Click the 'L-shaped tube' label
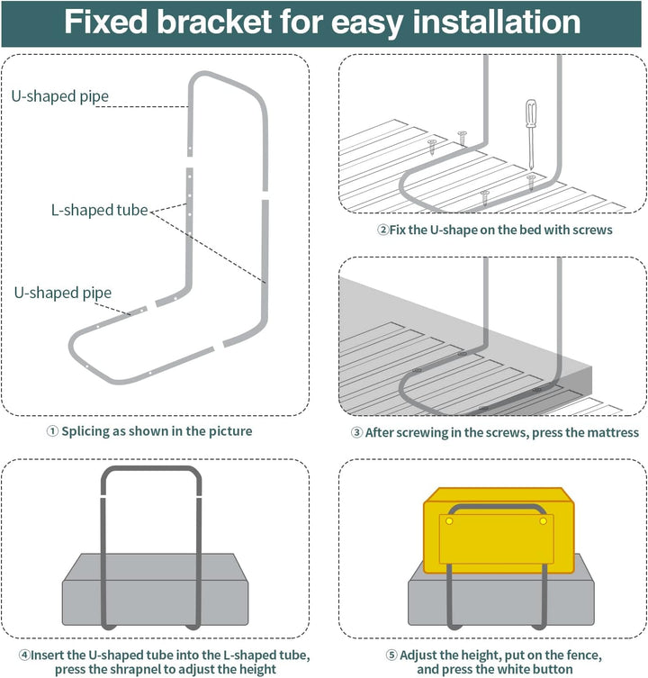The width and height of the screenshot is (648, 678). tap(99, 210)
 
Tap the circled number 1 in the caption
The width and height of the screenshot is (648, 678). tap(52, 431)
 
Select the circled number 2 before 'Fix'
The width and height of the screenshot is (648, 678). tap(383, 230)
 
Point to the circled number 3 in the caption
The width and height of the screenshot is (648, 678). tap(356, 432)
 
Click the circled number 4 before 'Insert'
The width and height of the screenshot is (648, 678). tap(24, 655)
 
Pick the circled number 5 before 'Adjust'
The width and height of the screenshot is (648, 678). tap(391, 655)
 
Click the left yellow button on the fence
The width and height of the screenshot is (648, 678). tap(449, 521)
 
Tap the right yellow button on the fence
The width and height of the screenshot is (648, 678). tap(544, 521)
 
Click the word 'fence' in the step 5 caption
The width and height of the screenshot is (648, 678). tap(582, 655)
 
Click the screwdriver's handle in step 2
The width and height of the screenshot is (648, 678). tap(531, 113)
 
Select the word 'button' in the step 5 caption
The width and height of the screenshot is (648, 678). tap(551, 669)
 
